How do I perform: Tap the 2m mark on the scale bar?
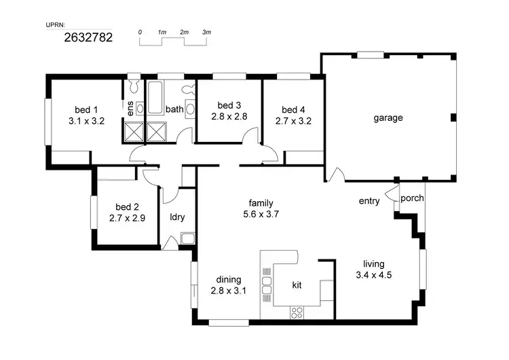pos(184,32)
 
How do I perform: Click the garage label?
pos(388,118)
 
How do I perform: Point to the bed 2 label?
pos(127,207)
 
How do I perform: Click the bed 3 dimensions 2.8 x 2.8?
pos(229,116)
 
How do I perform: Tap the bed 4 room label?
pos(293,110)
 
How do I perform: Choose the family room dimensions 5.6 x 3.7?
pos(261,214)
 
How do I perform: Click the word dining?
pos(228,279)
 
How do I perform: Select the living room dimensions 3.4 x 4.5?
pos(374,275)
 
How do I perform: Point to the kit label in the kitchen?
pos(297,285)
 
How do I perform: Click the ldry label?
pos(177,218)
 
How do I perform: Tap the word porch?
pos(412,198)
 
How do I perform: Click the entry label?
pos(369,201)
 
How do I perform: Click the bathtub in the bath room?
pos(155,99)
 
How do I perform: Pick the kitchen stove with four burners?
pos(297,312)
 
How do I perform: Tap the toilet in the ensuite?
pos(134,86)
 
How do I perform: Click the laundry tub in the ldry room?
pos(187,238)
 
